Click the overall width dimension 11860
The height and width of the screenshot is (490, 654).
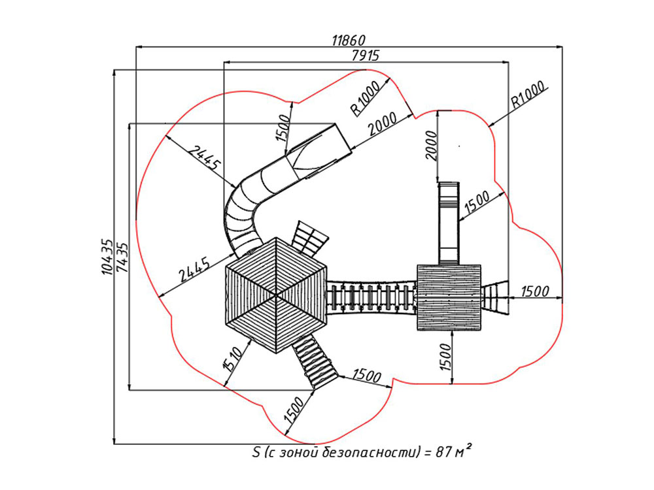pos(348,41)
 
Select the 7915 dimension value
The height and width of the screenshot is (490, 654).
pos(365,56)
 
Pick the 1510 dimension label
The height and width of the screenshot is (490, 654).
pos(233,359)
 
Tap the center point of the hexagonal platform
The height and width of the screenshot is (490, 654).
pos(276,296)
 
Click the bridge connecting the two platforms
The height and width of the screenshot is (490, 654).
pos(371,298)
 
